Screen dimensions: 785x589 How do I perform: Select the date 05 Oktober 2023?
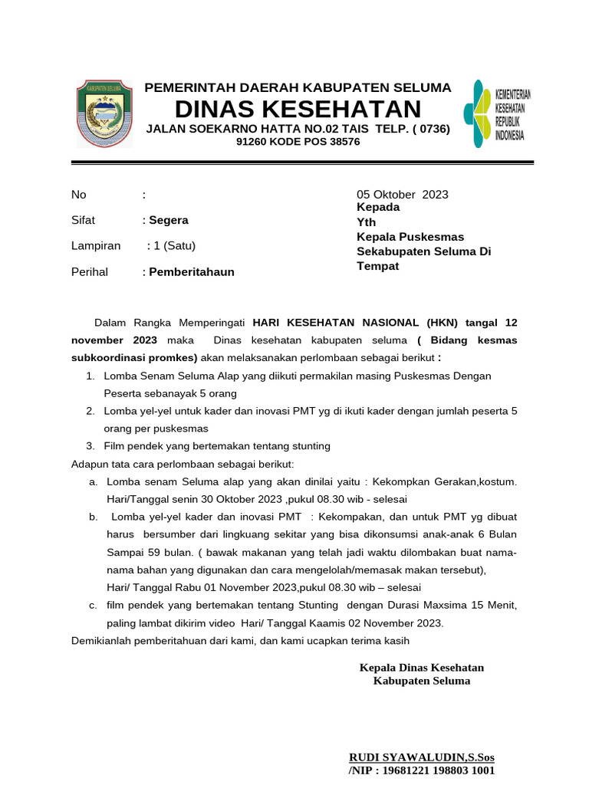coord(403,194)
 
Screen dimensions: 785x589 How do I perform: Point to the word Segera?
coord(169,220)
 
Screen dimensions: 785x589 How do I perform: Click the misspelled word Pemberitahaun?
coord(192,271)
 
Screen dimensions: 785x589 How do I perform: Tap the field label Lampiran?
coord(96,246)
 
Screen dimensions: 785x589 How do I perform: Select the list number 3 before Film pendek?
coord(89,445)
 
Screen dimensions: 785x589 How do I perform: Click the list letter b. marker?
coord(93,517)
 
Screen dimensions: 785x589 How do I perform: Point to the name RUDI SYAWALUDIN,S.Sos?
coord(421,757)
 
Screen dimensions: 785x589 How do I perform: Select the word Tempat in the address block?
coord(378,266)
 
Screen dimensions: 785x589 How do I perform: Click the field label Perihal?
coord(90,271)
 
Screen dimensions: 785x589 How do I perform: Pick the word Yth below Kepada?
coord(367,222)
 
